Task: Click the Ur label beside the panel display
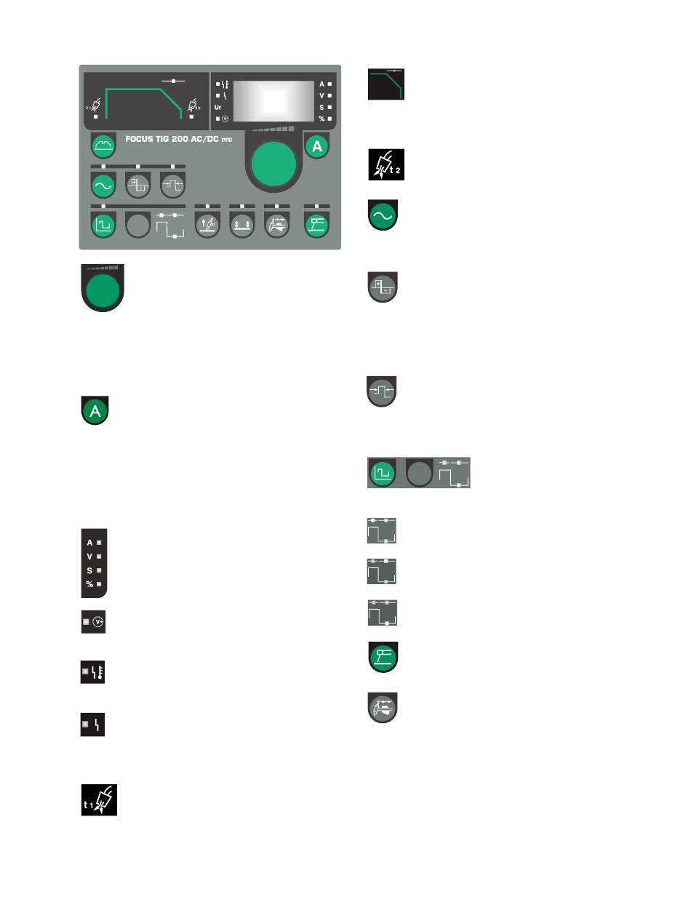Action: coord(218,106)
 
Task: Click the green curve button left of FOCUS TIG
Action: coord(103,146)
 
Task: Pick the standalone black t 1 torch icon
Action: coord(99,799)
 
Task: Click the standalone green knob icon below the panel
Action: coord(103,290)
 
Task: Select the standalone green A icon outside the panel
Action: coord(95,411)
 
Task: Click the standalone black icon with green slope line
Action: coord(386,84)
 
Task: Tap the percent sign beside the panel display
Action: coord(321,118)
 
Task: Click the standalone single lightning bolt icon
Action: coord(93,725)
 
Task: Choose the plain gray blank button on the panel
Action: coord(137,225)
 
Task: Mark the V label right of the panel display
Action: coord(321,95)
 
